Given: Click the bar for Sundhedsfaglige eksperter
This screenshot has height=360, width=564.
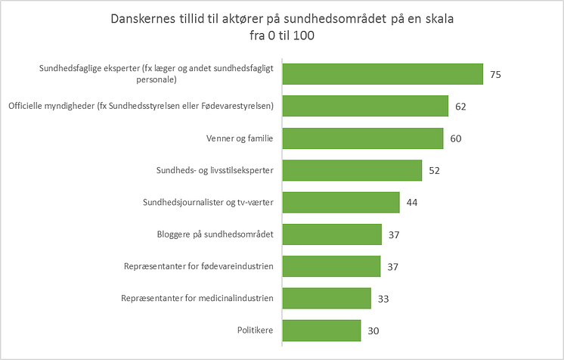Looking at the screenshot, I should click(383, 74).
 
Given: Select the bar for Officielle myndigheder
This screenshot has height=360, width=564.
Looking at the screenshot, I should click(365, 106).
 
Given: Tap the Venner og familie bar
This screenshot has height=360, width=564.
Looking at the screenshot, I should click(363, 138).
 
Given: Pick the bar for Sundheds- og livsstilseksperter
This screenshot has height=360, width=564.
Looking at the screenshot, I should click(352, 170).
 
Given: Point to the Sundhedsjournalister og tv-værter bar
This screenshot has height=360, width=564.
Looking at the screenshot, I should click(341, 203).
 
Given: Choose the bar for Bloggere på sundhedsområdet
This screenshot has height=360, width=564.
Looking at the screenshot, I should click(332, 234).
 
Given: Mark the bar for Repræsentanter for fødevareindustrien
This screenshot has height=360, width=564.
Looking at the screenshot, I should click(331, 266).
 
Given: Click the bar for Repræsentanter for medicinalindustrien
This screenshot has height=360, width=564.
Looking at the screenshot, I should click(327, 299).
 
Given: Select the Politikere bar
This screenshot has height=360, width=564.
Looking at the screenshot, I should click(322, 331).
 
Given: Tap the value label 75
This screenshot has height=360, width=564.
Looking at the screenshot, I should click(496, 75).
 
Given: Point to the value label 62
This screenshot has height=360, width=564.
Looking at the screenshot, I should click(461, 107).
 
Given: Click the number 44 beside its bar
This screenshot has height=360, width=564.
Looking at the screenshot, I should click(412, 203).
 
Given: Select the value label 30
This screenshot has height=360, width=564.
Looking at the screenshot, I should click(374, 331).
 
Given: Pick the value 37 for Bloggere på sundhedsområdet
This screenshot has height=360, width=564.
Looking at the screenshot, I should click(395, 235).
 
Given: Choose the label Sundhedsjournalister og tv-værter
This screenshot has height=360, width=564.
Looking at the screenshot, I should click(208, 203).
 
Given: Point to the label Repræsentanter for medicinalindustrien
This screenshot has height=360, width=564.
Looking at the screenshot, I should click(197, 299).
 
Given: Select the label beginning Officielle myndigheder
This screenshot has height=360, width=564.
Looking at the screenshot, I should click(141, 106).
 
